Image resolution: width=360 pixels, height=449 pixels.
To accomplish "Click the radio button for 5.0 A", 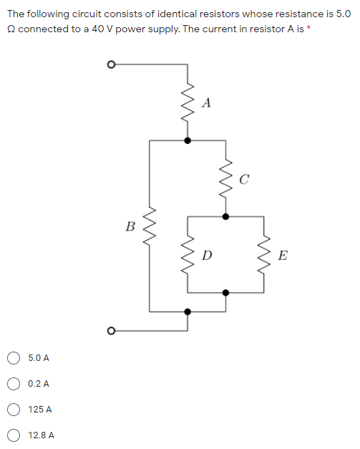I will [x=14, y=357].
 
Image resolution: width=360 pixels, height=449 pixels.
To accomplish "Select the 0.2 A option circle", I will [x=14, y=383].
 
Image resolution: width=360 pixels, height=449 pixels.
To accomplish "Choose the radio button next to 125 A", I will [x=14, y=410].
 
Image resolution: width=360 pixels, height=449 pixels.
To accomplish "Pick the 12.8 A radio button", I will [x=14, y=435].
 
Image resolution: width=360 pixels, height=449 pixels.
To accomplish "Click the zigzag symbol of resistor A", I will [x=188, y=104].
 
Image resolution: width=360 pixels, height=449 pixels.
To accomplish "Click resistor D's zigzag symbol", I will [x=188, y=254].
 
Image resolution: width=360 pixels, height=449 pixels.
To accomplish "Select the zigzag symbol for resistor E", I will [x=266, y=254].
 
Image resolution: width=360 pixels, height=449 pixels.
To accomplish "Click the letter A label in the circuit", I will [x=206, y=102].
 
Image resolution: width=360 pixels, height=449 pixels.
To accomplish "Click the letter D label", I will [x=206, y=255].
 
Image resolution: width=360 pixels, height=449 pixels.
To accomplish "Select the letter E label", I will [x=283, y=256].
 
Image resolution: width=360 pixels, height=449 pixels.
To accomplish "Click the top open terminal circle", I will [x=110, y=64].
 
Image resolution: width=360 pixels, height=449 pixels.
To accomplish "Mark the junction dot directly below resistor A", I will [x=188, y=140].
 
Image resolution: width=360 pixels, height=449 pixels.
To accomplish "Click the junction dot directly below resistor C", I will [x=227, y=216].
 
